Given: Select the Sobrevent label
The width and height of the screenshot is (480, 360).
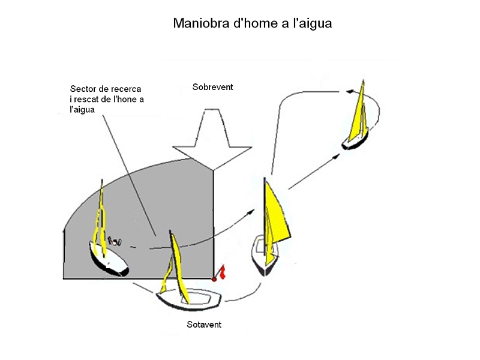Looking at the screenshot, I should [x=213, y=87].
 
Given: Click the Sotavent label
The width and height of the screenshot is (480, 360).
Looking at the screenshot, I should [x=204, y=325].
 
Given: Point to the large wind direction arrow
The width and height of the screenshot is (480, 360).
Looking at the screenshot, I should [x=212, y=141].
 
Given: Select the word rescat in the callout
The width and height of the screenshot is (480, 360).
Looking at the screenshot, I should [x=92, y=100].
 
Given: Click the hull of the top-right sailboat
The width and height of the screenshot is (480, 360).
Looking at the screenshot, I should [x=355, y=142].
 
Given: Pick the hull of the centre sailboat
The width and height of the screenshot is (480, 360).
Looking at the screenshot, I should [x=266, y=255].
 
